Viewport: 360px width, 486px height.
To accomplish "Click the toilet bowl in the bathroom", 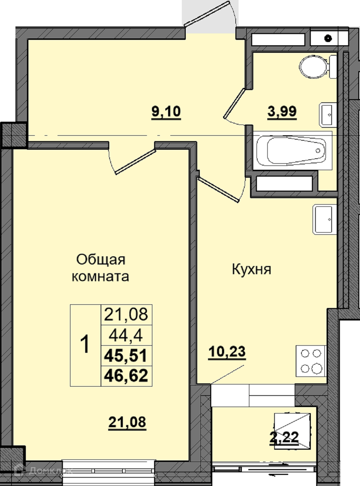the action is [318, 67].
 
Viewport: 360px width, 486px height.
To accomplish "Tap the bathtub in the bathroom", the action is [292, 151].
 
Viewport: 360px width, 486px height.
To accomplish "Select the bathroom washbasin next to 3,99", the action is [328, 115].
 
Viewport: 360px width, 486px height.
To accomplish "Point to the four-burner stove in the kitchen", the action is [311, 361].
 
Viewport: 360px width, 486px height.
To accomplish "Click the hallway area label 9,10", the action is [166, 112].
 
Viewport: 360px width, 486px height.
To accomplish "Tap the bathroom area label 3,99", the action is [282, 112].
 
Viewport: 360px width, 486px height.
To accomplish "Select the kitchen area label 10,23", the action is [227, 352].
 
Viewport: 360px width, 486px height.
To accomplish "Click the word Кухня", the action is [251, 269].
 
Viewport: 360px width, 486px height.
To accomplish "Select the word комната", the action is [101, 276].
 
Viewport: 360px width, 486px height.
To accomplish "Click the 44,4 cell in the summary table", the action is [126, 336].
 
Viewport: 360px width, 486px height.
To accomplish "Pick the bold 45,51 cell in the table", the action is [126, 356].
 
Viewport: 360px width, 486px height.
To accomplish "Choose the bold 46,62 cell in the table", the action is [126, 375].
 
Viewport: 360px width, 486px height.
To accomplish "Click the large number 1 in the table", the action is [85, 344].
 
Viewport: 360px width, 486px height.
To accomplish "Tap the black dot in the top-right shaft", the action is [328, 38].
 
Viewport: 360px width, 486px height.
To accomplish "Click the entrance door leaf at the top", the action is [207, 13].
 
